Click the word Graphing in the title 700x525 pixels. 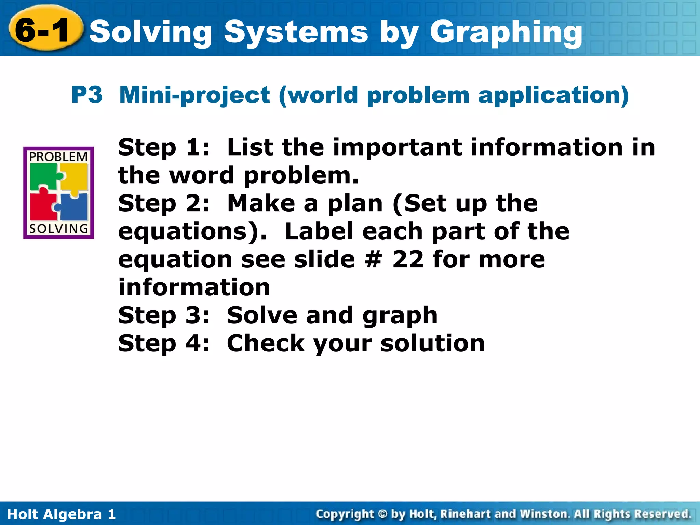tap(506, 32)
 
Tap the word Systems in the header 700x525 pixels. tap(296, 32)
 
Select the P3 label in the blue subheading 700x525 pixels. tap(87, 95)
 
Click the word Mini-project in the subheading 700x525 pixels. tap(194, 95)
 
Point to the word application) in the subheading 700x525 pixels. tap(553, 95)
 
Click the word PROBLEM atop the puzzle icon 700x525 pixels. tap(58, 157)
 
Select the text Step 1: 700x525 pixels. tap(164, 148)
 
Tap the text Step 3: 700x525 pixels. tap(164, 315)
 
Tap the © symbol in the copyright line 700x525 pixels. tap(382, 514)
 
